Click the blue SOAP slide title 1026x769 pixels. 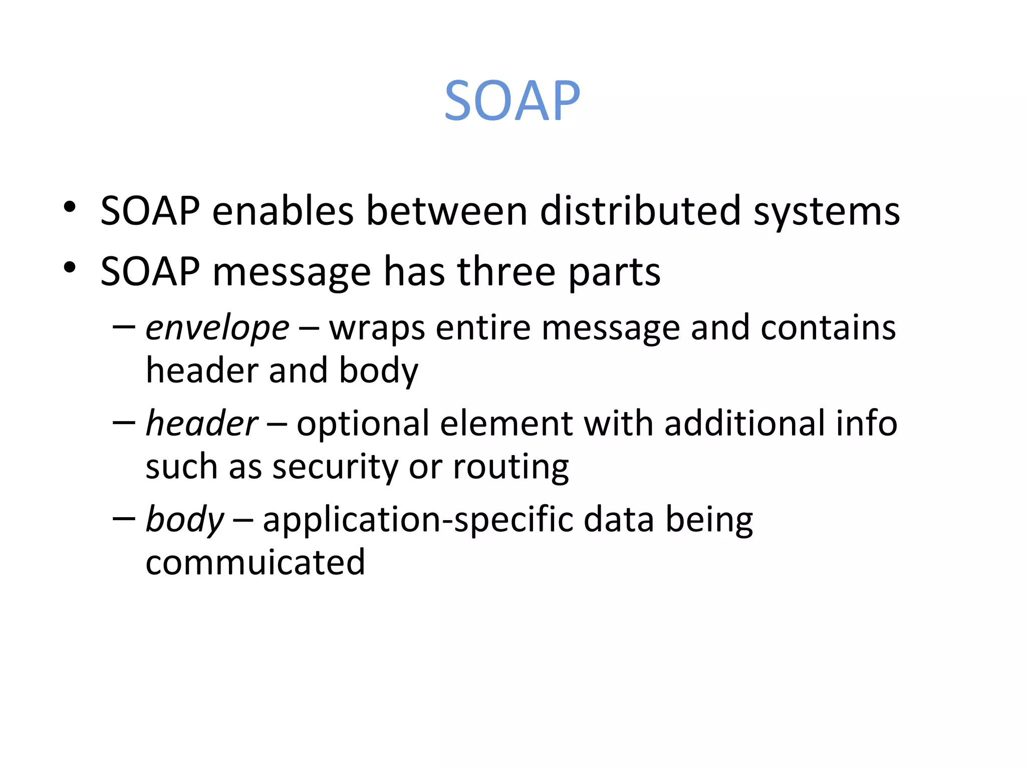tap(512, 101)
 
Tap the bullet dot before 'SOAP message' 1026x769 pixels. tap(70, 267)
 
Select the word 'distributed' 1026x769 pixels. tap(640, 210)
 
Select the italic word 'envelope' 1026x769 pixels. tap(217, 329)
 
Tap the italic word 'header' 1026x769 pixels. tap(202, 424)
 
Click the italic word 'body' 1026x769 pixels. tap(185, 520)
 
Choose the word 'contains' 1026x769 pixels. tap(828, 328)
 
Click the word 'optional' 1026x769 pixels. tap(363, 424)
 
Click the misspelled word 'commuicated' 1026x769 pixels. tap(255, 562)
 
